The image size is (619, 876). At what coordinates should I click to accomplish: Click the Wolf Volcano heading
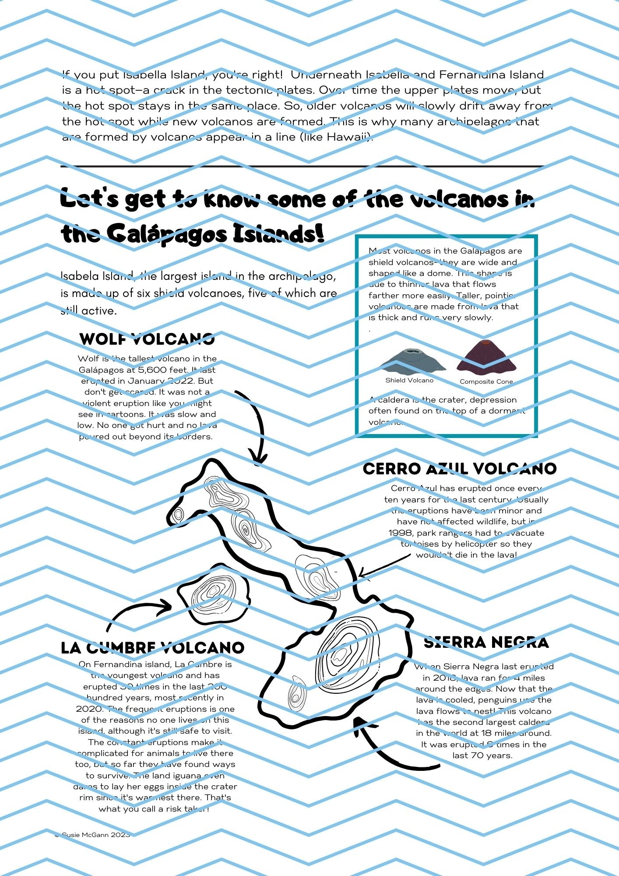point(147,339)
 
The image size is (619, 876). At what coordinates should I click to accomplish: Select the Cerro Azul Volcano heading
point(460,469)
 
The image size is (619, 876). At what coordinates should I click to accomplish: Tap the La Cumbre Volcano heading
point(152,648)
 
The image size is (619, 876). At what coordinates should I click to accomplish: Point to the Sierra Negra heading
point(486,643)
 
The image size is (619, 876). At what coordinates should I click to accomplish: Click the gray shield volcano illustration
point(411,360)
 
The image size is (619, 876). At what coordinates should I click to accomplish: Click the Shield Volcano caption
point(409,380)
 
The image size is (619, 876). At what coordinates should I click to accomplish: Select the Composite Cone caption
point(486,381)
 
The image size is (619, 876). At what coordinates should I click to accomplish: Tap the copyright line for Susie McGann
point(93,835)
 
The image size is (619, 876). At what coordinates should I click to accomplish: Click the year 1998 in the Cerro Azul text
point(401,533)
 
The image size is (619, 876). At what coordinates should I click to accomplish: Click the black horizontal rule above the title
point(302,166)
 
